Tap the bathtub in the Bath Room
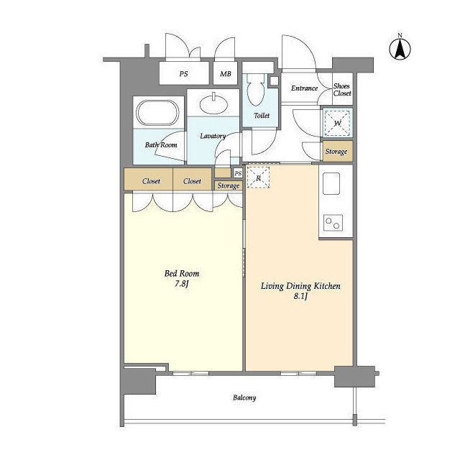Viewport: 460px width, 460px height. click(158, 113)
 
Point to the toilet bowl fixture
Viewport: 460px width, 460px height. click(256, 89)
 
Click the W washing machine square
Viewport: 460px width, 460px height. click(338, 123)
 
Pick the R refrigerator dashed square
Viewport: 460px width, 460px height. click(258, 178)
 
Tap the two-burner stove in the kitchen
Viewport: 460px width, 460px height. click(333, 223)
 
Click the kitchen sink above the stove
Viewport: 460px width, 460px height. click(331, 184)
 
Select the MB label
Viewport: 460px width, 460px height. click(225, 74)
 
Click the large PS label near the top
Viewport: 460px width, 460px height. click(184, 74)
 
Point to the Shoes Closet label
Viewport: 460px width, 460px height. click(342, 90)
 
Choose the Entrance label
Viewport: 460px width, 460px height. click(305, 88)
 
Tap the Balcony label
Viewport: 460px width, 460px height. click(244, 397)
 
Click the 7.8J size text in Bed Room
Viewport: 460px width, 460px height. click(182, 284)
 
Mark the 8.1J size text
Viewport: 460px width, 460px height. click(300, 296)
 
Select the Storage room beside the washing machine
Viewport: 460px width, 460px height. click(338, 151)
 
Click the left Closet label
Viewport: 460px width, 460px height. click(151, 181)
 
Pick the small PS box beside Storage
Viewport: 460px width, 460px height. click(238, 173)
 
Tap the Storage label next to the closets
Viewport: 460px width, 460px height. click(229, 186)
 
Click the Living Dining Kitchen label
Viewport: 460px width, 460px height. click(300, 286)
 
